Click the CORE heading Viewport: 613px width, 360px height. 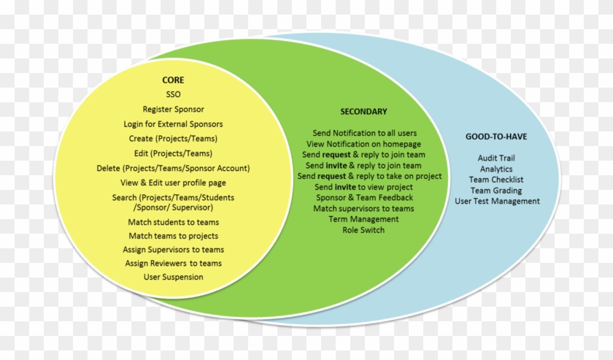click(x=173, y=80)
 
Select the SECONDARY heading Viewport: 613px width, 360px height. click(x=363, y=112)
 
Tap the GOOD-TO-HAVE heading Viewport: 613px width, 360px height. click(x=496, y=137)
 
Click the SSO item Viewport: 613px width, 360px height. click(x=173, y=95)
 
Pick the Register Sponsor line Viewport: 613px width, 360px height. click(x=173, y=110)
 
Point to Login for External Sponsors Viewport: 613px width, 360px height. click(x=173, y=124)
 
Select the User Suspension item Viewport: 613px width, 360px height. click(x=173, y=277)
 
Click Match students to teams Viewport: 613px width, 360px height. click(x=173, y=222)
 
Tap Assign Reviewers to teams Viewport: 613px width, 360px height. click(x=173, y=263)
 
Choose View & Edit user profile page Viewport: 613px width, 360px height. click(x=173, y=183)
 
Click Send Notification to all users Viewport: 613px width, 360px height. click(x=364, y=133)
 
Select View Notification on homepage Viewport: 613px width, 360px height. click(x=364, y=144)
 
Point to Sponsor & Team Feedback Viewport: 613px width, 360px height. click(x=364, y=197)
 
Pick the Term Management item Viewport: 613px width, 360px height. click(x=364, y=219)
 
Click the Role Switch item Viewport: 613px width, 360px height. click(x=364, y=230)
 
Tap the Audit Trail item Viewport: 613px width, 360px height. click(x=496, y=158)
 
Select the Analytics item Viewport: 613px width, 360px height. click(x=496, y=169)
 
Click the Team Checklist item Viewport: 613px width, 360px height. click(x=496, y=180)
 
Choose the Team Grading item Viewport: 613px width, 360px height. click(x=496, y=191)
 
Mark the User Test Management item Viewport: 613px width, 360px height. click(x=496, y=202)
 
